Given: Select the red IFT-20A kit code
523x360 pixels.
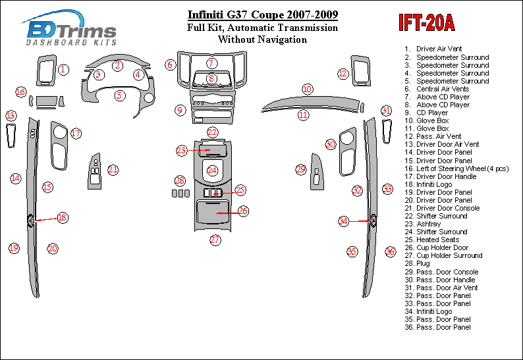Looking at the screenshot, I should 426,23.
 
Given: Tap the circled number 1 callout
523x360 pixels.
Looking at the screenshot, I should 63,69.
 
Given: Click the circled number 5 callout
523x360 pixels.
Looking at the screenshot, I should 119,95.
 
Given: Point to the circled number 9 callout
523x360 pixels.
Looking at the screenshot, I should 179,110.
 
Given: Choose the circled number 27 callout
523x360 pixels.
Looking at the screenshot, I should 215,240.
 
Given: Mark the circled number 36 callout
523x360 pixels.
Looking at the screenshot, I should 390,251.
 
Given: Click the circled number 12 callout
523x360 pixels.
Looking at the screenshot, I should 343,74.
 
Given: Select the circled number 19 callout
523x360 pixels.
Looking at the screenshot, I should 14,248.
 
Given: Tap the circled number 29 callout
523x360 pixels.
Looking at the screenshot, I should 300,169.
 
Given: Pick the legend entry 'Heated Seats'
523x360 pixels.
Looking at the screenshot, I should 438,240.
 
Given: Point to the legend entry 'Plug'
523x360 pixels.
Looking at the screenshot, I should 423,263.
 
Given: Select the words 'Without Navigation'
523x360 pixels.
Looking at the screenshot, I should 262,39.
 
